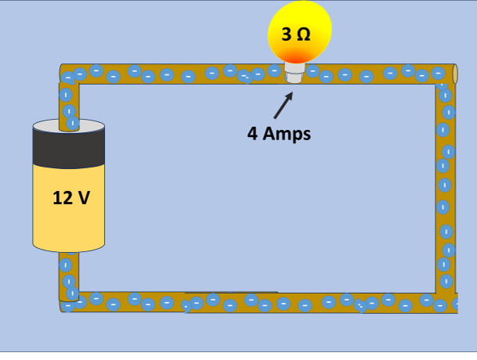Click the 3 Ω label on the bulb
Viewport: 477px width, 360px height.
coord(295,34)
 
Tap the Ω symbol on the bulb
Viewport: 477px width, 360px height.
coord(302,34)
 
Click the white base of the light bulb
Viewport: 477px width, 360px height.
coord(295,75)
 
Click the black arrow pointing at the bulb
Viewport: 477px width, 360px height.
coord(284,106)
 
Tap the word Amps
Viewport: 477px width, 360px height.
coord(287,134)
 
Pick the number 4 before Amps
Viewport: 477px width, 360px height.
coord(252,134)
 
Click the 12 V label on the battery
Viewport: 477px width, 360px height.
coord(71,197)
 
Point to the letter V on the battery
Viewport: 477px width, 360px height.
coord(84,197)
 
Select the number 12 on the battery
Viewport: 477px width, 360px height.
coord(63,197)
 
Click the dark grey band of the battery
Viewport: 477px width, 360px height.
coord(69,149)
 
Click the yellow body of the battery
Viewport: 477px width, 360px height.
coord(69,223)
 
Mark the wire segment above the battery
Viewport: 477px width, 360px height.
coord(69,102)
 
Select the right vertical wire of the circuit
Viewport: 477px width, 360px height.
coord(446,188)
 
